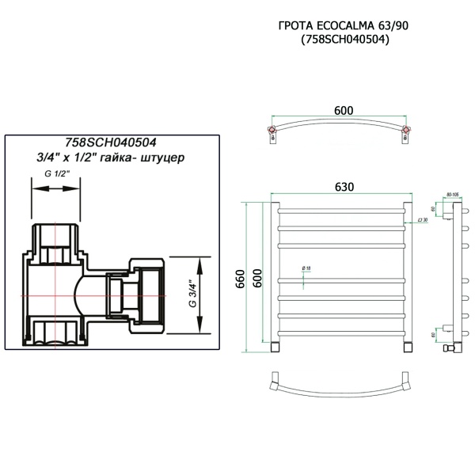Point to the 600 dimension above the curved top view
(x=343, y=110)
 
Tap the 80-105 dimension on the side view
(x=454, y=193)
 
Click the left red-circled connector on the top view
(x=272, y=129)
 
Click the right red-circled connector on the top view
(x=407, y=129)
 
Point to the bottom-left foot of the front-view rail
(x=274, y=347)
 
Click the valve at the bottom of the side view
(x=451, y=347)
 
